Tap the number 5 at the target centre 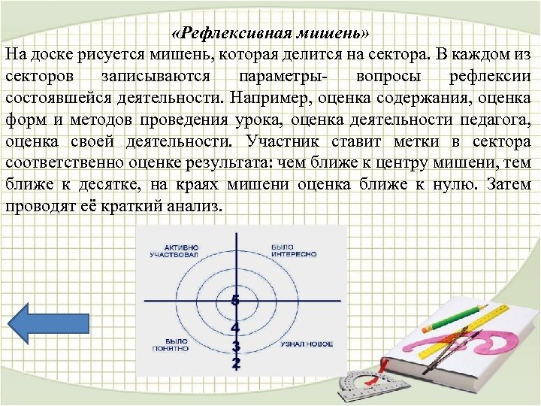pos(235,301)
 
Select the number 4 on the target pos(235,328)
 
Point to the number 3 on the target pos(236,347)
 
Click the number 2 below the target pos(236,363)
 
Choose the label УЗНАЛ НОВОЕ pos(307,344)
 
